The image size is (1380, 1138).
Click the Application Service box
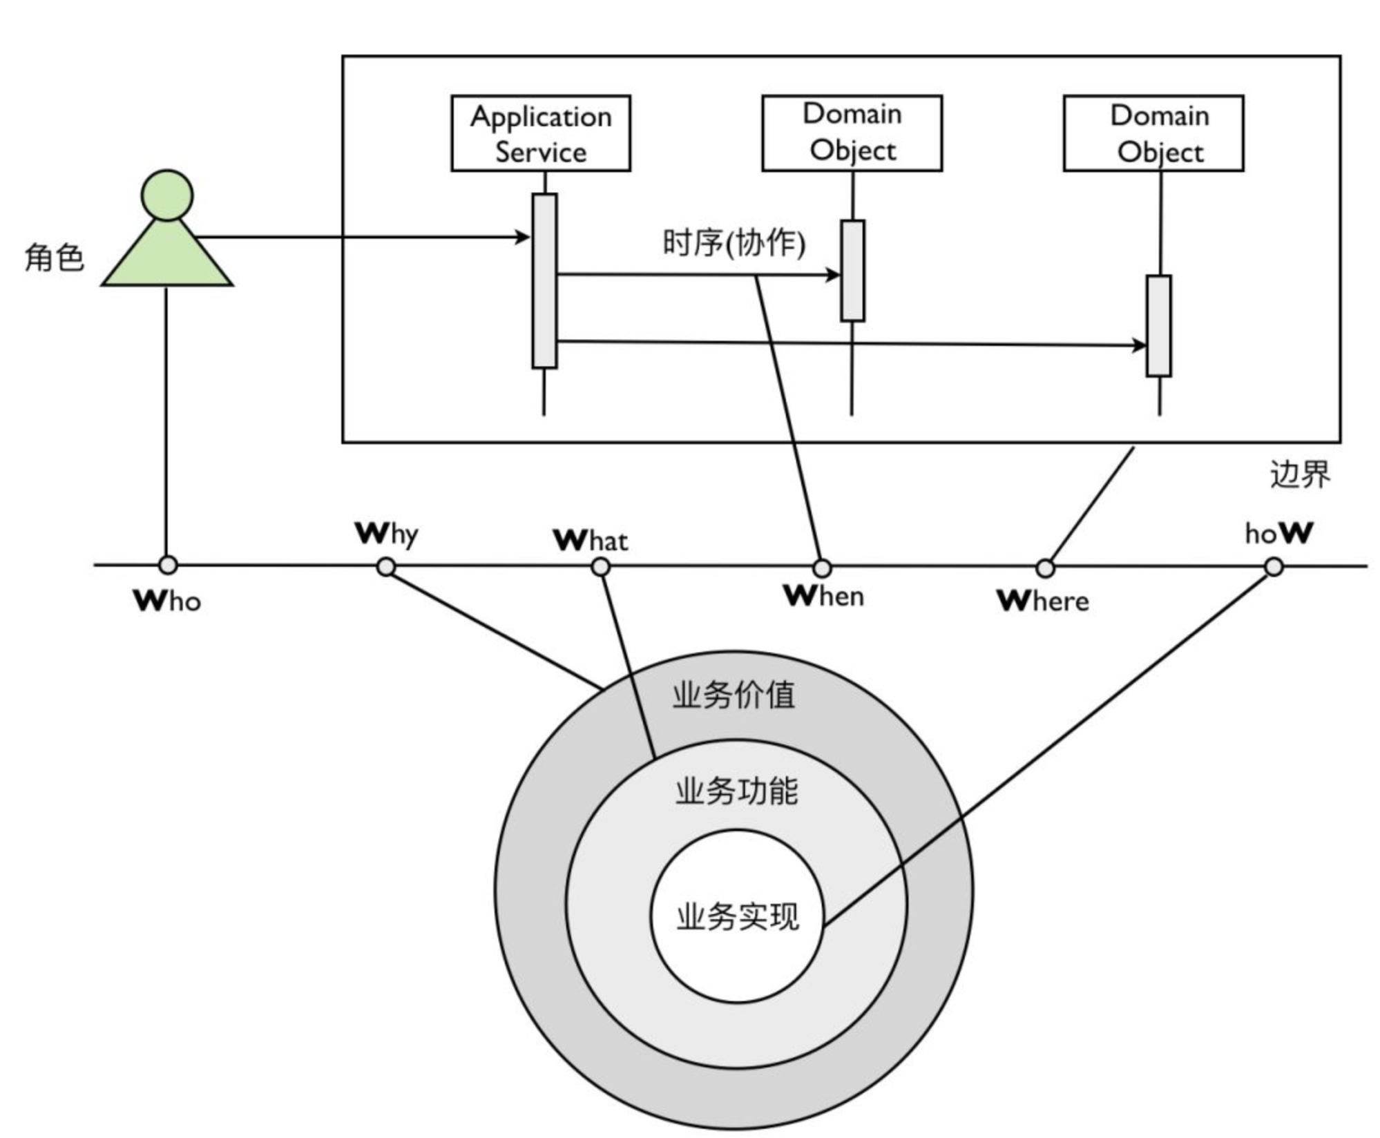point(541,133)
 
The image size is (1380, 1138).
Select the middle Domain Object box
point(852,133)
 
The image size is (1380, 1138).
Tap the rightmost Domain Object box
point(1153,133)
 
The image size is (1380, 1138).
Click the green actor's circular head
point(167,195)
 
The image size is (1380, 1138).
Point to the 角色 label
point(54,258)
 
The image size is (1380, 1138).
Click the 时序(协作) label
point(734,242)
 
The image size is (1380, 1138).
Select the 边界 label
point(1299,474)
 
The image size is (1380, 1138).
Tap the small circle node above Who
point(168,566)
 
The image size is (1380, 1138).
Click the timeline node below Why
point(386,567)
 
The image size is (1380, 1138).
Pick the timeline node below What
point(601,567)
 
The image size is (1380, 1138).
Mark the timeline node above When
point(821,568)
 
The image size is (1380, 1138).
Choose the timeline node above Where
point(1046,568)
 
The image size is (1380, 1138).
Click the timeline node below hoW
point(1274,567)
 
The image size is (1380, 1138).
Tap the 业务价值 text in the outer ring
point(734,695)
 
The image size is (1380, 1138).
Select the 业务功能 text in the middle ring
point(736,791)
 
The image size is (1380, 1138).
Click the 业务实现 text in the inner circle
point(738,917)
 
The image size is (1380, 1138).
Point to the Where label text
point(1043,601)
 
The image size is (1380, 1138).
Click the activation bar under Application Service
point(544,280)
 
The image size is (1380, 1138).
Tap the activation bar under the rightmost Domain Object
point(1158,326)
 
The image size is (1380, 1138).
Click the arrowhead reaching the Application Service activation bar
point(524,238)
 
